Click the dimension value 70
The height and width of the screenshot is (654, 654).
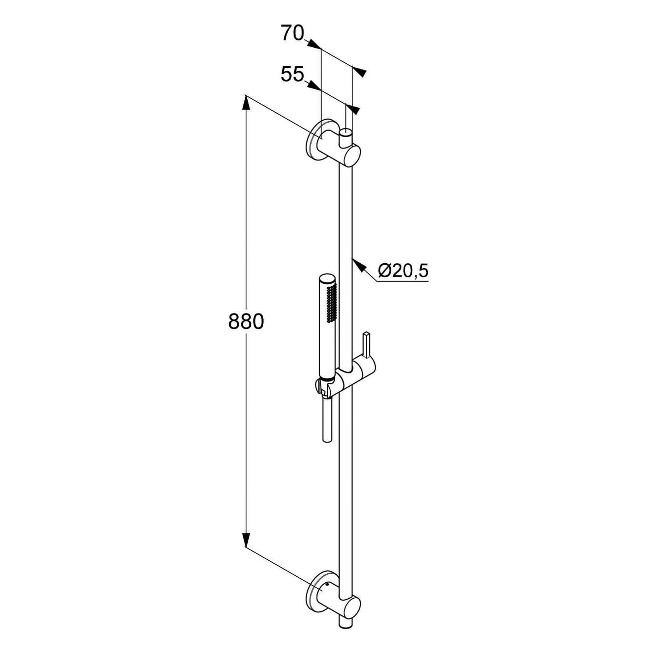(292, 33)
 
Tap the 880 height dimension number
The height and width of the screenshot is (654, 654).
(246, 322)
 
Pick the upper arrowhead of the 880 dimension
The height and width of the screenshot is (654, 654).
(246, 103)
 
